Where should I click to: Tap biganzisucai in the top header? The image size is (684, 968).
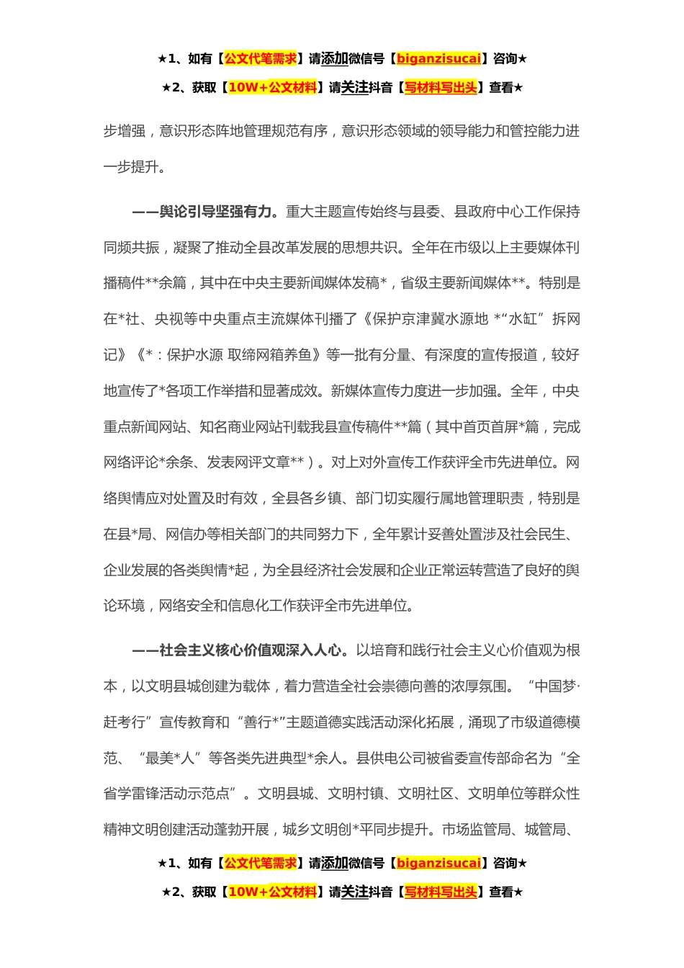tap(438, 59)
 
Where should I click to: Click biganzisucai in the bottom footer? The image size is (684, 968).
tap(438, 863)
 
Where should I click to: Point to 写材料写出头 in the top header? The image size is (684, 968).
tap(441, 88)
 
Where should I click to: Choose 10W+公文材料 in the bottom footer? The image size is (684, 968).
tap(272, 892)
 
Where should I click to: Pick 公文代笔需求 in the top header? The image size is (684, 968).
tap(261, 59)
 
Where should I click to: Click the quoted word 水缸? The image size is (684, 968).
tap(526, 319)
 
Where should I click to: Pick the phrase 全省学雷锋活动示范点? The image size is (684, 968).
tap(166, 794)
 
